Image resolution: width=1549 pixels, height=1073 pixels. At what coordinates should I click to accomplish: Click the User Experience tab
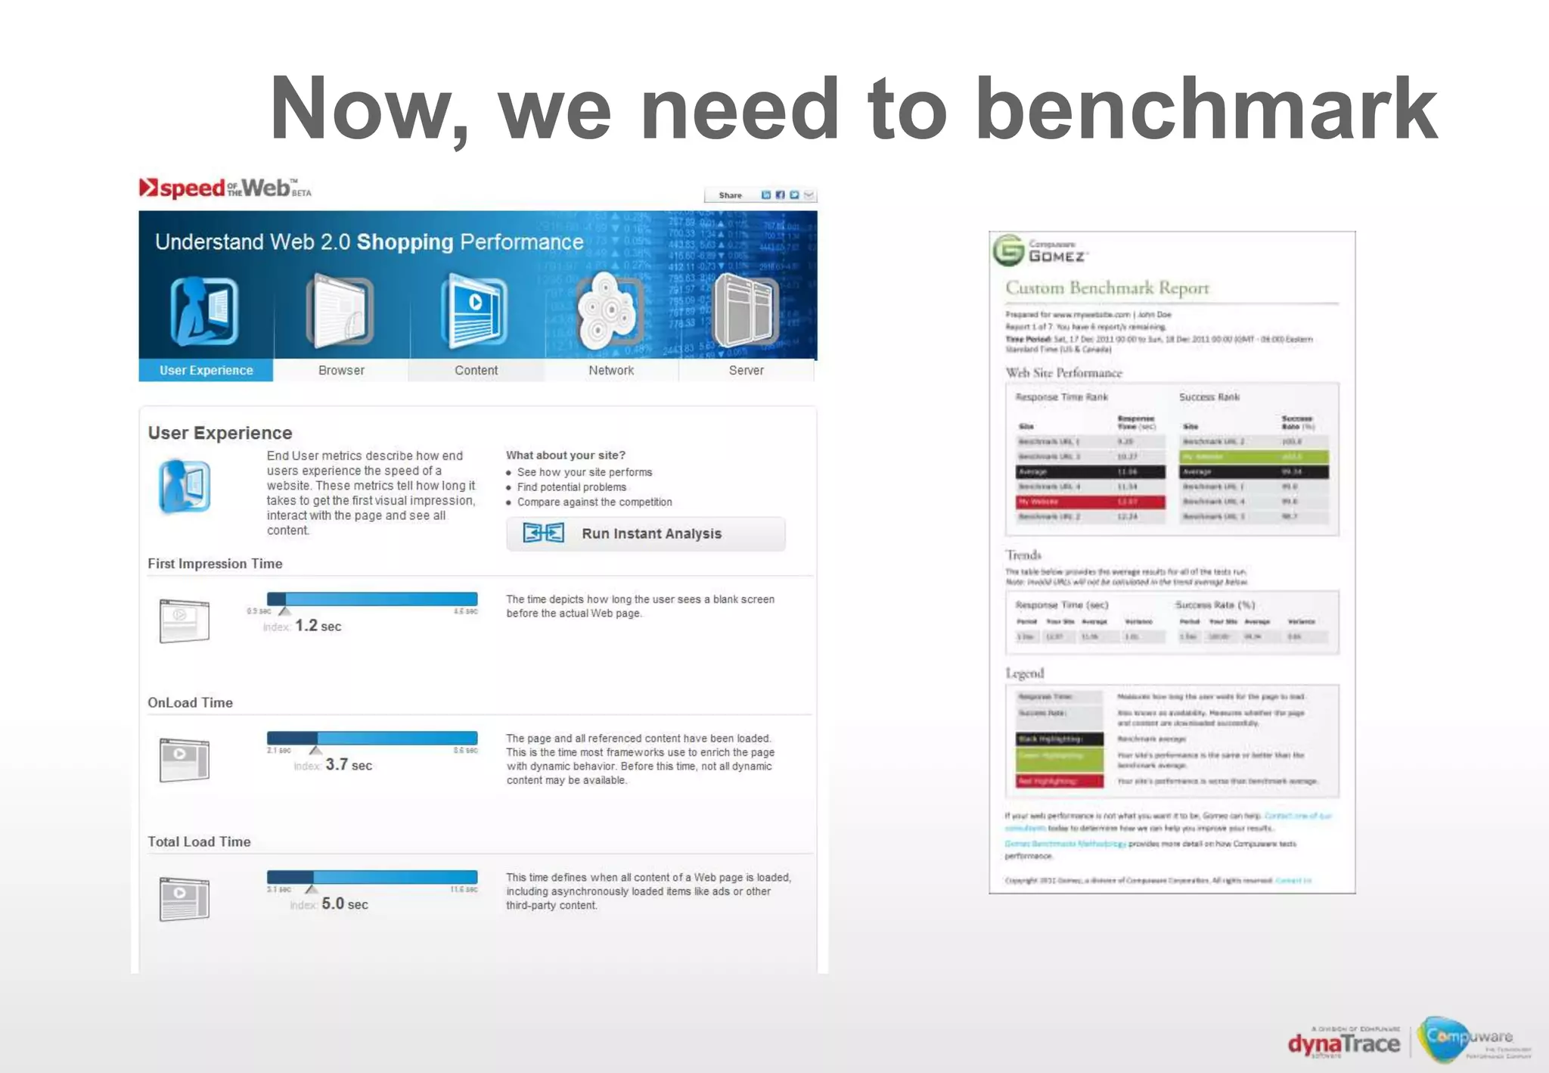[206, 370]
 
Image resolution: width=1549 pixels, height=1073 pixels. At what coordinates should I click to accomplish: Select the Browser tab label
[341, 370]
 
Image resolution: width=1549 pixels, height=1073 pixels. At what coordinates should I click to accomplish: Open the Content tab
[476, 370]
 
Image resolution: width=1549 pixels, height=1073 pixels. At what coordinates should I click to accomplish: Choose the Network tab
[611, 370]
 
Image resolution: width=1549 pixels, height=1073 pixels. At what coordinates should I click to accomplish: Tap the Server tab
[746, 370]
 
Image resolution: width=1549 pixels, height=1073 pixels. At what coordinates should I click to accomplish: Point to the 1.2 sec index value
[318, 626]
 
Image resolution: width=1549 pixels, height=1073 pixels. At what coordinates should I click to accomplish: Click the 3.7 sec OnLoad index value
[349, 765]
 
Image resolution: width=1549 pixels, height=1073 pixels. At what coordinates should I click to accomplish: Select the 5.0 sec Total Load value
[345, 903]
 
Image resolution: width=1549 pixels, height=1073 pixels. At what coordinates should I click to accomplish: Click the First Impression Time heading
[215, 564]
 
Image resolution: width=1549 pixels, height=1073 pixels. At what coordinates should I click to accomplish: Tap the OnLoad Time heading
[190, 702]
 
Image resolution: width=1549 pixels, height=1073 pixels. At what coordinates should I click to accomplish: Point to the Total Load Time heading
[199, 841]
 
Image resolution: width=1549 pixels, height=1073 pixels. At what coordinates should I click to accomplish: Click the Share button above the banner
[731, 195]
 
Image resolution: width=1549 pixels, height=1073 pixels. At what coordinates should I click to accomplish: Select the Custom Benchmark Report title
[1107, 288]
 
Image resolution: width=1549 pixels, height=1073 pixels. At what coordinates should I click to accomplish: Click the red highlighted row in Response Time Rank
[1090, 502]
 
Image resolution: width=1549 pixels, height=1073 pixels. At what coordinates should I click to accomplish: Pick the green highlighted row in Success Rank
[1253, 456]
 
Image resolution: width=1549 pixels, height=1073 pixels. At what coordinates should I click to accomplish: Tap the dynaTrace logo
[1343, 1044]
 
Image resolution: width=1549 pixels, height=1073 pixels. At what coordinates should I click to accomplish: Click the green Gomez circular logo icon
[1008, 250]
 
